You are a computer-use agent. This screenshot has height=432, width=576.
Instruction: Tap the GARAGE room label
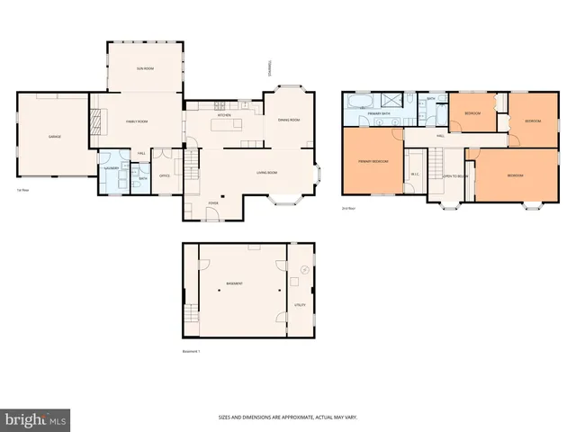click(x=54, y=136)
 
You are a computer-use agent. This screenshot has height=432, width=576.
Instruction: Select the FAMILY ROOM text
click(x=137, y=121)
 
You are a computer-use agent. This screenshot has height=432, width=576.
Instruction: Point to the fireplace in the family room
click(x=94, y=121)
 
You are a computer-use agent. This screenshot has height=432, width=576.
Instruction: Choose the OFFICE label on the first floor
click(x=165, y=175)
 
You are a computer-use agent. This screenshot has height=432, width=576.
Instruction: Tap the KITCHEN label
click(x=225, y=115)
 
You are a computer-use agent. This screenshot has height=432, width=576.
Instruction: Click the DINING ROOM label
click(x=288, y=120)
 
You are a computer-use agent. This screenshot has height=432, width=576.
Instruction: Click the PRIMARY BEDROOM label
click(x=373, y=161)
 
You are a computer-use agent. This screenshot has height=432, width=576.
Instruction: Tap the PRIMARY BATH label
click(x=378, y=114)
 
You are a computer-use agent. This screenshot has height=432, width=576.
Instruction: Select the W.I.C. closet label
click(x=414, y=175)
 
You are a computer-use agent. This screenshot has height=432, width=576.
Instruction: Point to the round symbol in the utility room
click(x=302, y=269)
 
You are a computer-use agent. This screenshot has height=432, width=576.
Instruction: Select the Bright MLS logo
click(x=36, y=419)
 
